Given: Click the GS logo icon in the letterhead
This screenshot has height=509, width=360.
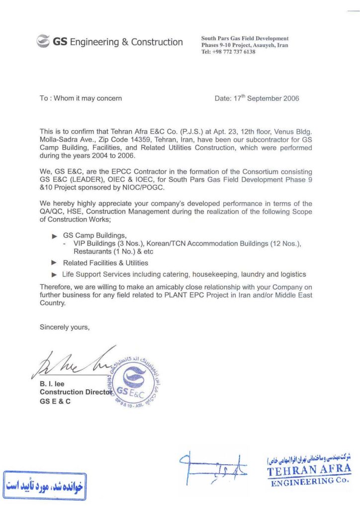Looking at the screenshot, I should tap(43, 42).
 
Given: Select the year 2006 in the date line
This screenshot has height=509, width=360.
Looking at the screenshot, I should tap(291, 98).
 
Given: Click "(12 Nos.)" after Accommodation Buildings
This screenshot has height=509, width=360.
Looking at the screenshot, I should tap(284, 244).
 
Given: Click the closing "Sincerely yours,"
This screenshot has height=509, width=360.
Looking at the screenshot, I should tap(65, 327).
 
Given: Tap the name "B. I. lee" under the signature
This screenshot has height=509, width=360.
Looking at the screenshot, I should tap(52, 384).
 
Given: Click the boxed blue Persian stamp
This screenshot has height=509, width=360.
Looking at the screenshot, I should tap(44, 485).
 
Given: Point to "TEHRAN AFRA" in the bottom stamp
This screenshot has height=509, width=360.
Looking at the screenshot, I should tap(308, 469).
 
